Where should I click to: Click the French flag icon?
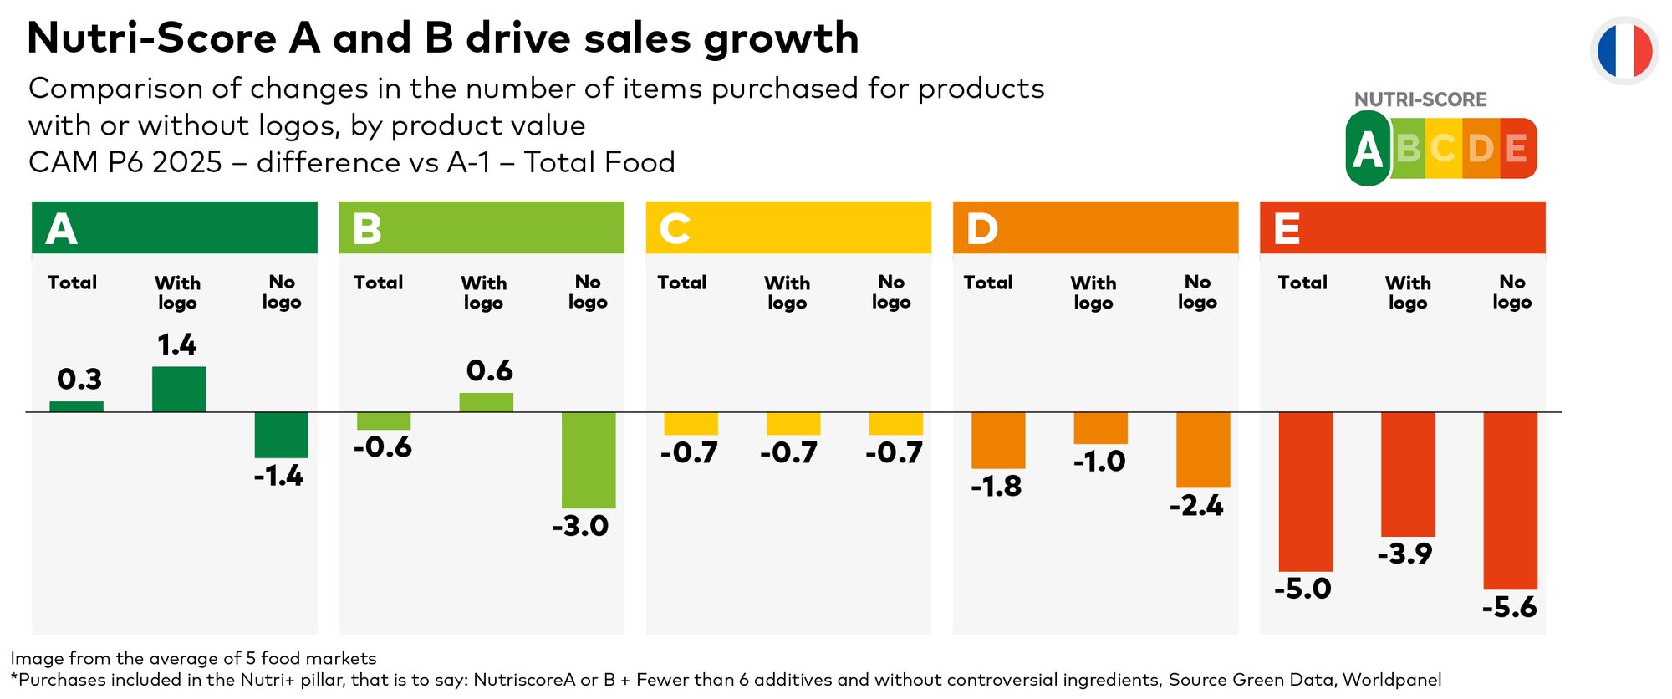click(x=1624, y=50)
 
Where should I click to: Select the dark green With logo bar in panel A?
click(x=179, y=389)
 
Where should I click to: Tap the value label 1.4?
click(x=177, y=344)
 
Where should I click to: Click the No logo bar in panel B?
click(x=589, y=460)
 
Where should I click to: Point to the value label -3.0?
click(x=580, y=526)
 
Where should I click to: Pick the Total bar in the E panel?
click(x=1305, y=492)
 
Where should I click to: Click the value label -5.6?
click(x=1509, y=607)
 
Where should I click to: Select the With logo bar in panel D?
click(x=1100, y=428)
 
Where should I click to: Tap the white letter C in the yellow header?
click(x=675, y=228)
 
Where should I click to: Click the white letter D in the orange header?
click(x=981, y=228)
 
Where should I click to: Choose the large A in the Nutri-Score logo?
click(x=1368, y=150)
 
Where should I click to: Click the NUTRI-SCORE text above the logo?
click(x=1420, y=99)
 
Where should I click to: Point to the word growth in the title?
click(x=782, y=38)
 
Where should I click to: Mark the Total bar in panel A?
click(x=77, y=406)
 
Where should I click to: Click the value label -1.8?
click(x=996, y=486)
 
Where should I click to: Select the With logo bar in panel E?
click(x=1408, y=474)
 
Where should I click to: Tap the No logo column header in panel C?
click(x=891, y=292)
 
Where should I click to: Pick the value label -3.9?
click(x=1404, y=554)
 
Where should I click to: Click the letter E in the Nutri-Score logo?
click(x=1517, y=149)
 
